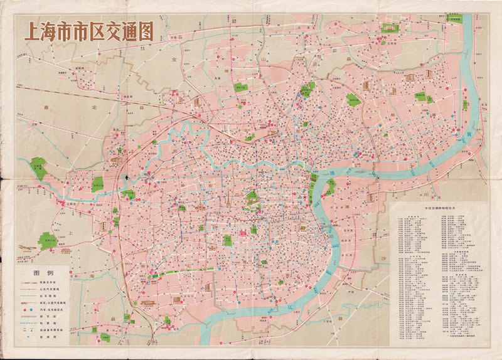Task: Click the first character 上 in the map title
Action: pyautogui.click(x=32, y=33)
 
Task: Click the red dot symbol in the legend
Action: pyautogui.click(x=27, y=310)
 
